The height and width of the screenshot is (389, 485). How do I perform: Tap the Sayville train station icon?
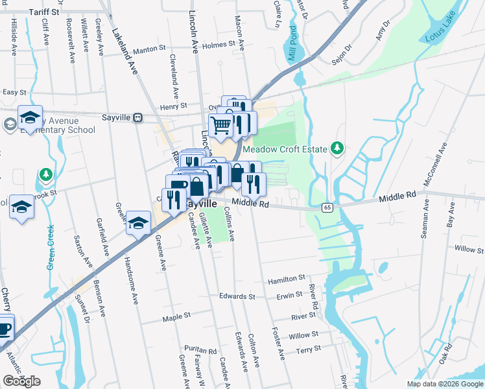[x=137, y=117]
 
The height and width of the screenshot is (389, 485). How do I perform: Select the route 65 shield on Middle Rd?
[x=327, y=207]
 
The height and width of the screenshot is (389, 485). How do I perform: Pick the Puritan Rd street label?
[x=200, y=350]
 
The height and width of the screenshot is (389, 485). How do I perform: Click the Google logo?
[x=22, y=381]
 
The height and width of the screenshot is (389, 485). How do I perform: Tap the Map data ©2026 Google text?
[x=444, y=384]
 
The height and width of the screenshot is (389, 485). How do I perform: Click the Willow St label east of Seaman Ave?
[x=465, y=249]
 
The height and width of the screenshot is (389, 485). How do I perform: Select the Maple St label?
[x=176, y=317]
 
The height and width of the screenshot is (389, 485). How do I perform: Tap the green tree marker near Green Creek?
[x=45, y=175]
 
